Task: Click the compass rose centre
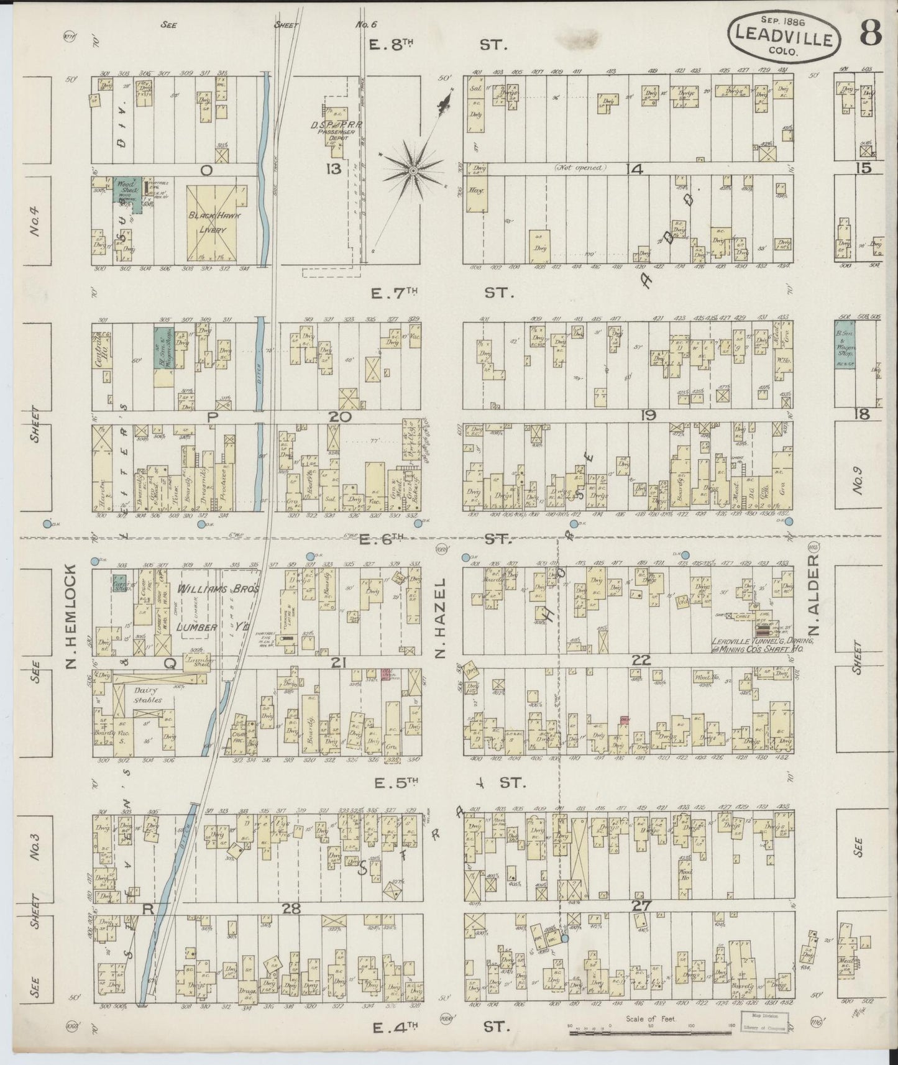[x=412, y=169]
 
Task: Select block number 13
[x=333, y=169]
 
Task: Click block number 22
[x=641, y=661]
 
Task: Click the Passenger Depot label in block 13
[x=341, y=132]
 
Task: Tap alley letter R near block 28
[x=149, y=908]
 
